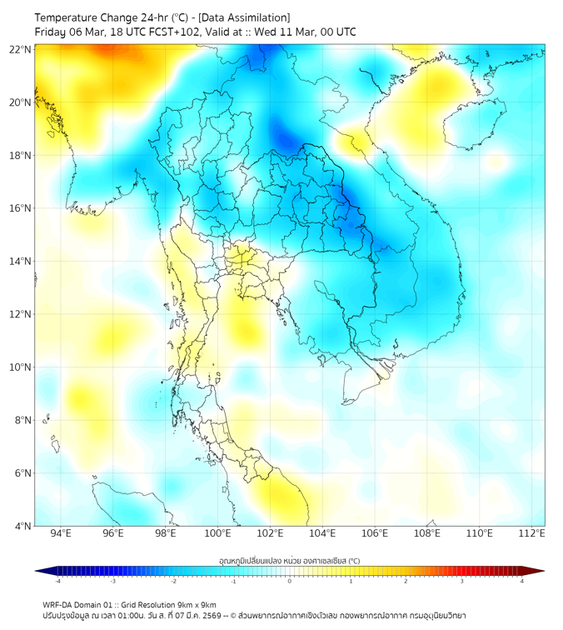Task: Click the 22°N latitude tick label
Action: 21,49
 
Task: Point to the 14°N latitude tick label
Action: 21,262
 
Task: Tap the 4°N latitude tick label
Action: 23,526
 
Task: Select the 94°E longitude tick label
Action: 61,533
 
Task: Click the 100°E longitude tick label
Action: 217,533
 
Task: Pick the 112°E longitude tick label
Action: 531,533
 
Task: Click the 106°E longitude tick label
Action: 374,533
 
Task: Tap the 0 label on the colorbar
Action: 289,581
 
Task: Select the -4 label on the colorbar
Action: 57,581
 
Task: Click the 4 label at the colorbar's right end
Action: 521,581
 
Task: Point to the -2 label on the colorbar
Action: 172,581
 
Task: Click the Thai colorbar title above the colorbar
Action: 289,561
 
